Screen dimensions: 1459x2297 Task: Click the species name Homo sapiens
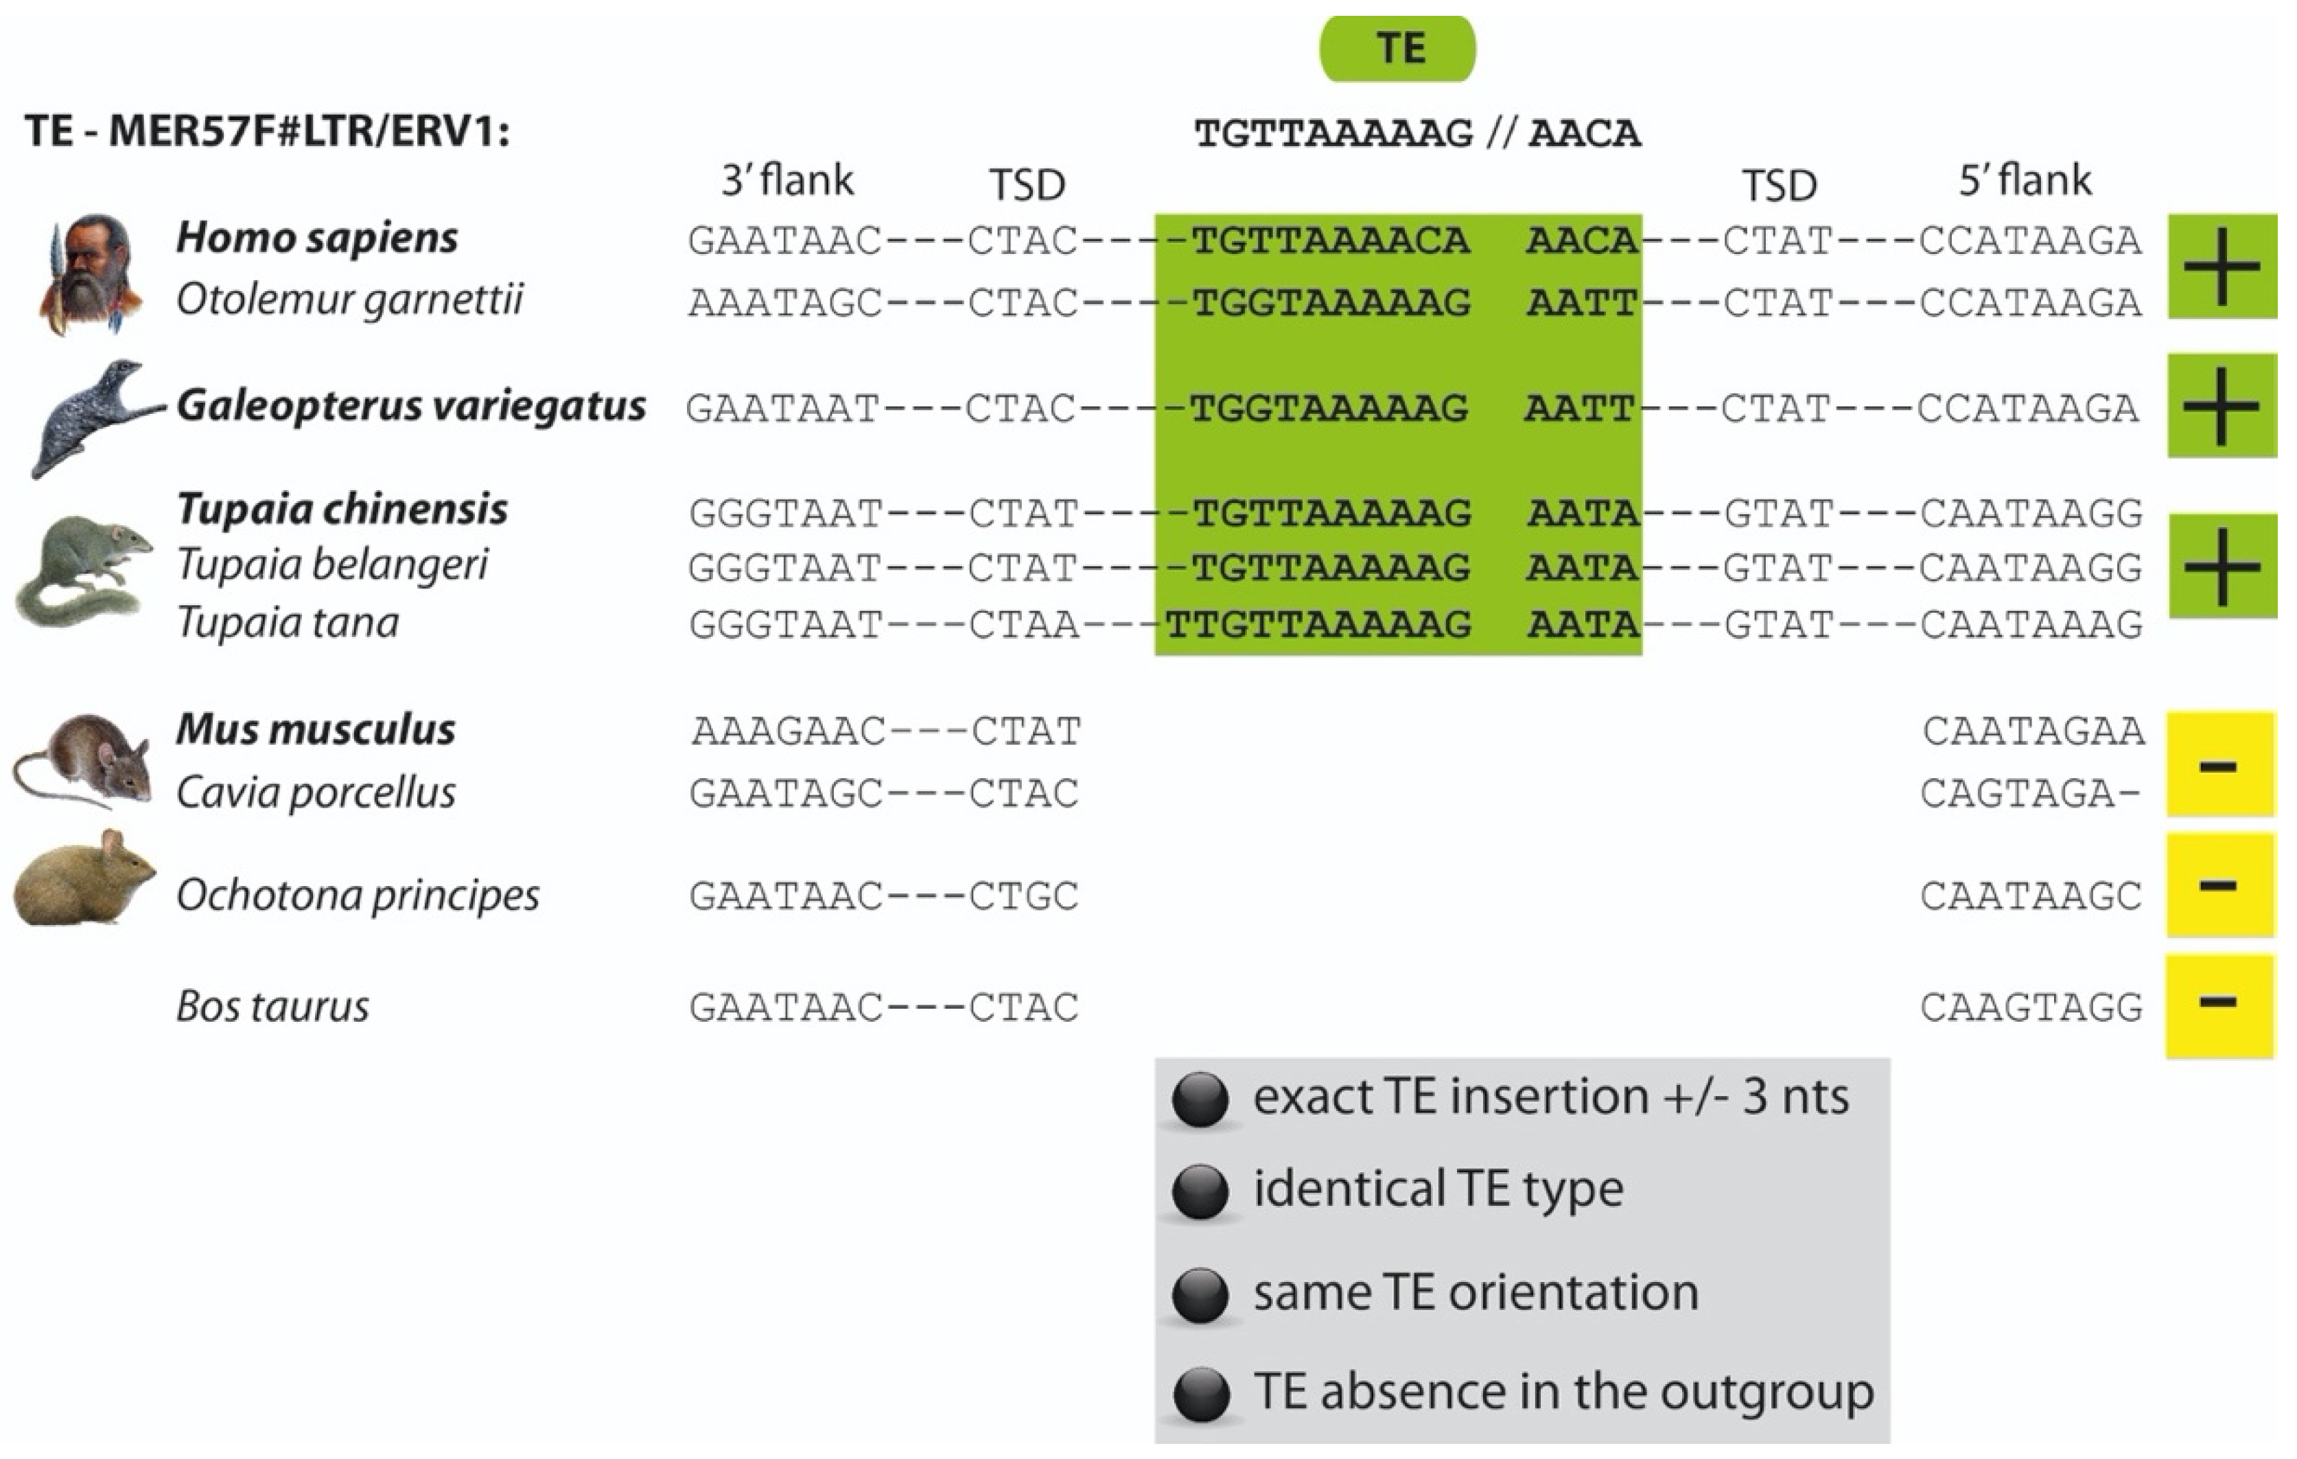point(316,237)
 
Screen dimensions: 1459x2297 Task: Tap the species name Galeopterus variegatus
point(411,406)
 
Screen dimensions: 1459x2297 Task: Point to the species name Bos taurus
point(273,1006)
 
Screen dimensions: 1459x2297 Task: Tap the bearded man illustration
point(89,275)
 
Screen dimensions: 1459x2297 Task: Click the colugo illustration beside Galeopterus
point(91,417)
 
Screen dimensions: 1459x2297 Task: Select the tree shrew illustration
point(84,570)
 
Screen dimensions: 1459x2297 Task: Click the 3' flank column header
point(787,180)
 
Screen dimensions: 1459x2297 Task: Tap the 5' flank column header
point(2024,180)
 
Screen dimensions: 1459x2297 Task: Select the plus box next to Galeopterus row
point(2221,406)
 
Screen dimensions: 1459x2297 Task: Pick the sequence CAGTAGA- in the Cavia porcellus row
point(2030,793)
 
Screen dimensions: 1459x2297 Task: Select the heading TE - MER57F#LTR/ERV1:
point(267,130)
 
